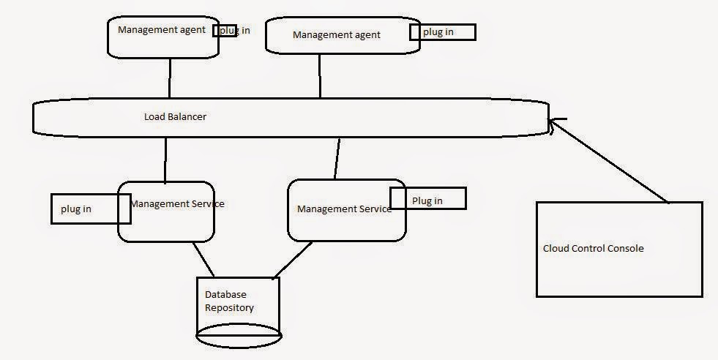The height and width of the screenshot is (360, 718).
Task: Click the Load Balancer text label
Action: [175, 116]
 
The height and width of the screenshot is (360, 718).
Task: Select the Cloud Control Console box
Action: [619, 250]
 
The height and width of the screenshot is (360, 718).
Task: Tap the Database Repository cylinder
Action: [238, 307]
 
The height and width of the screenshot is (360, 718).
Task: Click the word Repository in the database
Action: [229, 308]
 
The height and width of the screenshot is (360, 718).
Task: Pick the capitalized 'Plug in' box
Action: [427, 199]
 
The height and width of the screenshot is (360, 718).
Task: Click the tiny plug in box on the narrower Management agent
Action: [225, 30]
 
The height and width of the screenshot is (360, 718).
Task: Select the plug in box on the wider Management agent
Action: [442, 32]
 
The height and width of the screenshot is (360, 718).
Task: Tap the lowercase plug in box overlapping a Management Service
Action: [89, 209]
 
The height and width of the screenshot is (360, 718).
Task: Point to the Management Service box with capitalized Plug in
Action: [345, 210]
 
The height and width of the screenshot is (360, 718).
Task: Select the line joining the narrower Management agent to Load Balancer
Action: [170, 78]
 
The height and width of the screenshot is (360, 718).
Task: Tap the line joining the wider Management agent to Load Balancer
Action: [320, 75]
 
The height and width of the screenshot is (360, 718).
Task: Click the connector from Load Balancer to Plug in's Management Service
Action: [337, 158]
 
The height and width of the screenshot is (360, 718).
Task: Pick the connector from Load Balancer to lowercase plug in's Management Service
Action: [165, 160]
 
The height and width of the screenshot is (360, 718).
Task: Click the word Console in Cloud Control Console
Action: [627, 249]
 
